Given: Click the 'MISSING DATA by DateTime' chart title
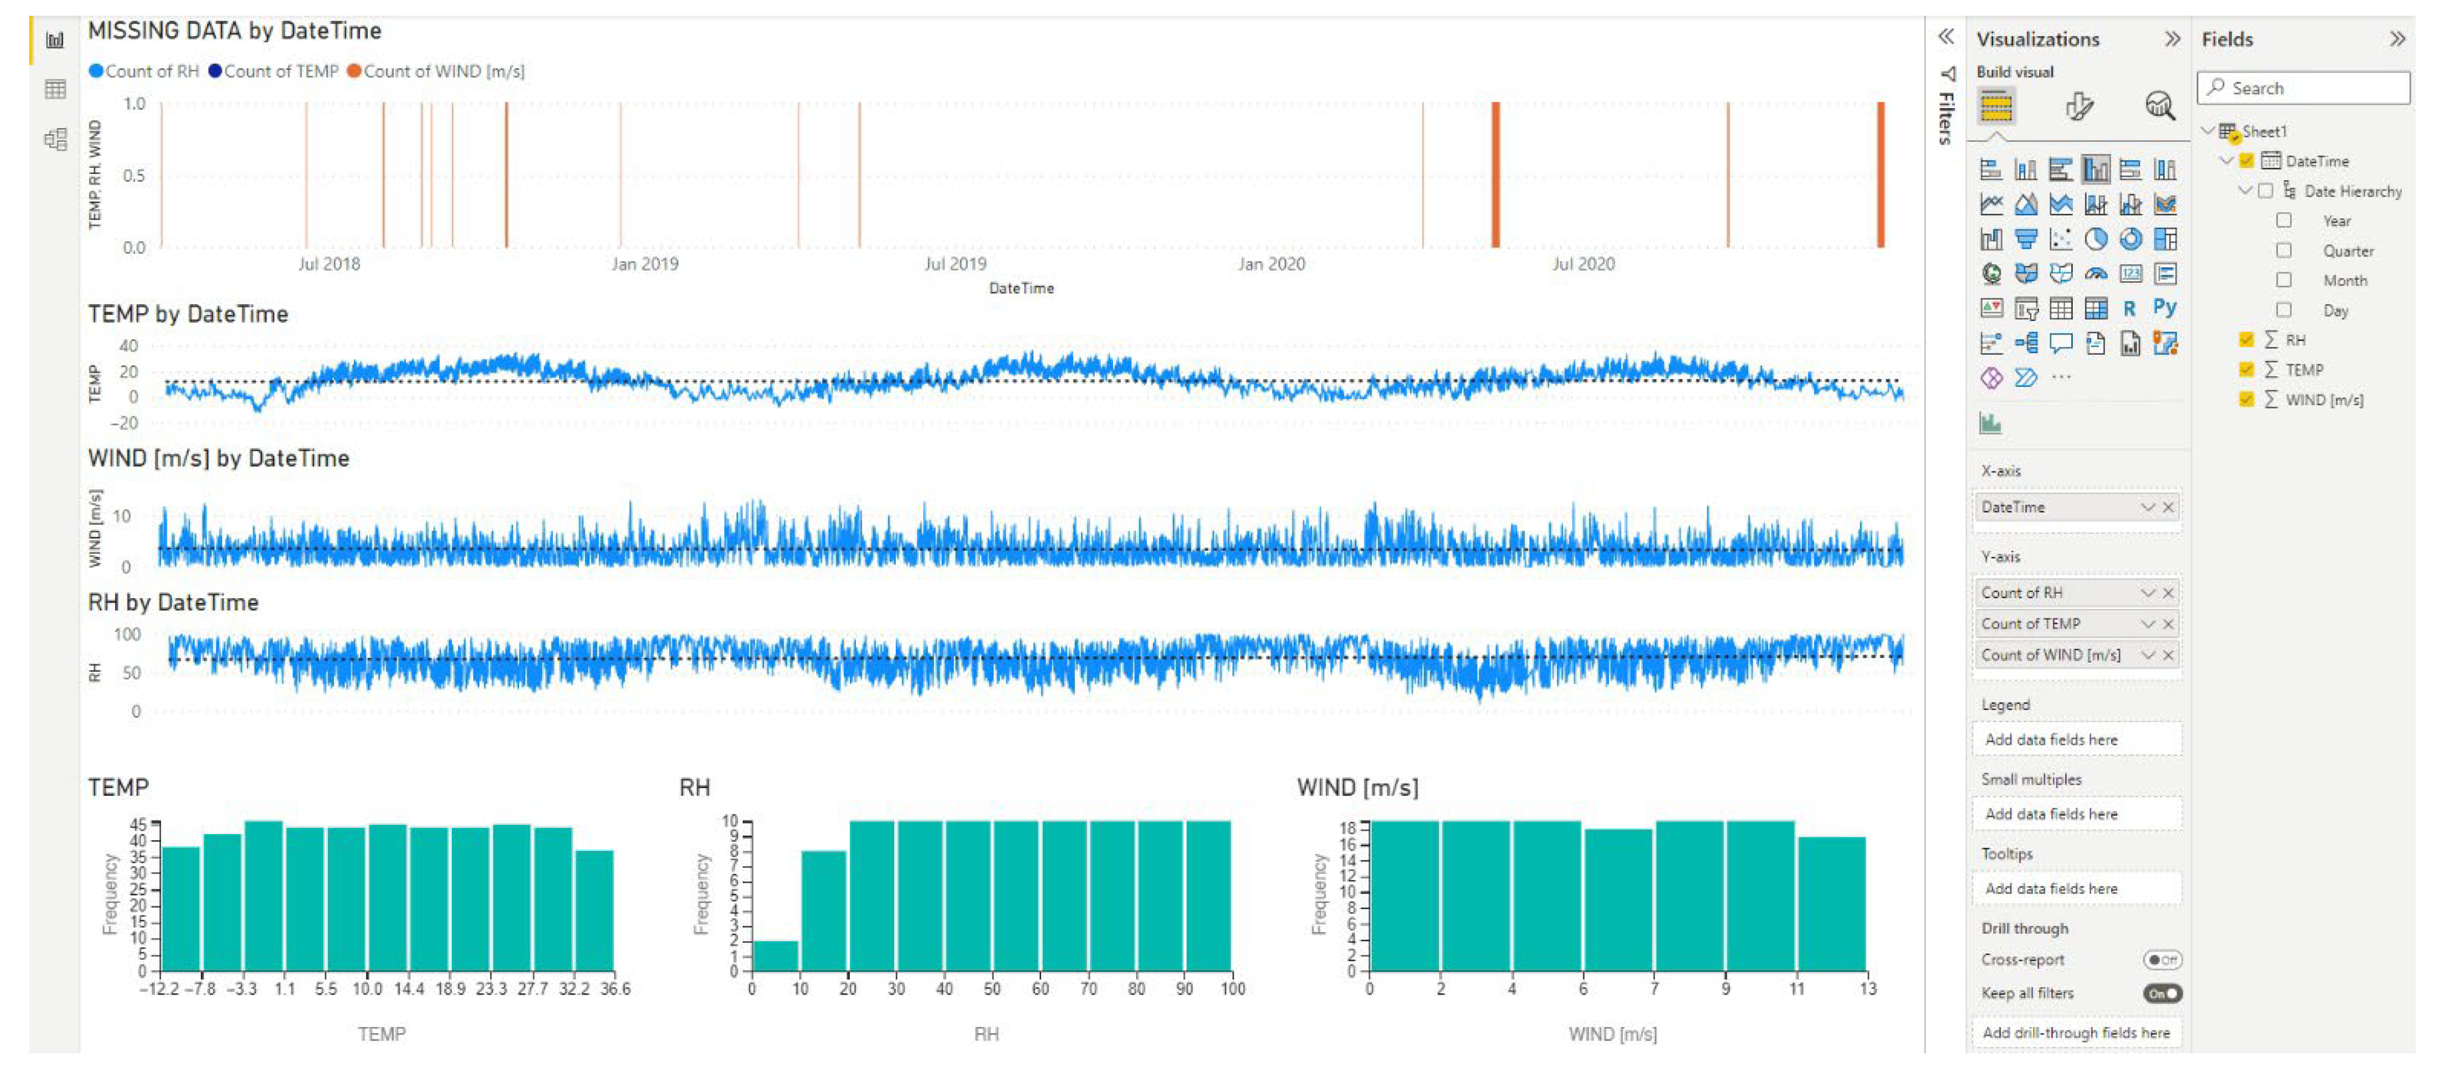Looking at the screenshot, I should [x=234, y=31].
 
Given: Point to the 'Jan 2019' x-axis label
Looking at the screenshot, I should [x=644, y=264].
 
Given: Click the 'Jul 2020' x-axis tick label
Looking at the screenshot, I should [x=1582, y=264].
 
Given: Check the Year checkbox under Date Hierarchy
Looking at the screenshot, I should [x=2284, y=221].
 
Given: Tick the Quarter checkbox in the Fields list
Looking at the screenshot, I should [x=2284, y=251].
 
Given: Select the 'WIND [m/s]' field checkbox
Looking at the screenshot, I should [x=2246, y=400].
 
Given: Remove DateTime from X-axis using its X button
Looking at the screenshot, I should [x=2168, y=508].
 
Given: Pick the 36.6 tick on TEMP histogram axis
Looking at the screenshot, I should [x=615, y=989].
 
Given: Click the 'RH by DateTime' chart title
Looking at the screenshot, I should [x=173, y=602].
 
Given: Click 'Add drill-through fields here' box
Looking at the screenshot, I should [x=2075, y=1033].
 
